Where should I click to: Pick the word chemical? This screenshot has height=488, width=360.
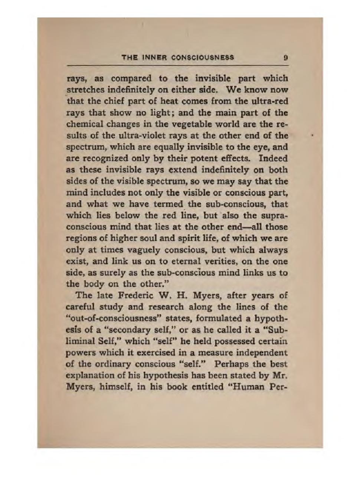(81, 124)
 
